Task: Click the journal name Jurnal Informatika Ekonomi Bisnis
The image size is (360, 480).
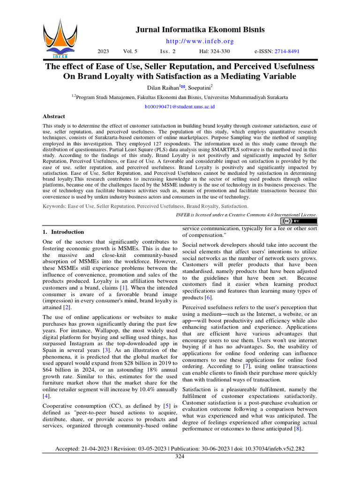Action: (200, 30)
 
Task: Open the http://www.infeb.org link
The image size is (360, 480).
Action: (200, 41)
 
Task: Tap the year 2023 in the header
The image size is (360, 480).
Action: (103, 51)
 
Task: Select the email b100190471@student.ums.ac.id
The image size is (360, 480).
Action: (180, 107)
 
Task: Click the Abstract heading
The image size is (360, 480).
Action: (54, 116)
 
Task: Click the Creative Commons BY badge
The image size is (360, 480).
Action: (298, 221)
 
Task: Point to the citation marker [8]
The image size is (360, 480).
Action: (297, 429)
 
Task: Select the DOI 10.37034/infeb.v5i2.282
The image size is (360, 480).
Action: (275, 449)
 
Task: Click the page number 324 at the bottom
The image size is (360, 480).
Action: (180, 456)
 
